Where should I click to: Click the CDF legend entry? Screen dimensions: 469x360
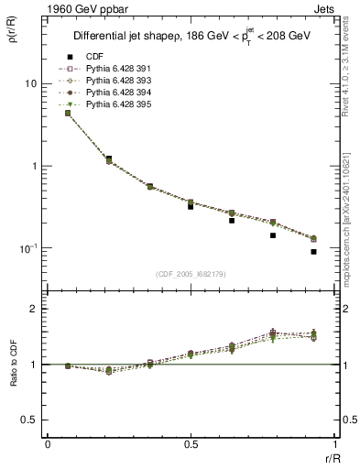pyautogui.click(x=93, y=56)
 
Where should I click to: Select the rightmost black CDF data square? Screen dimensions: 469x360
pyautogui.click(x=313, y=252)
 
